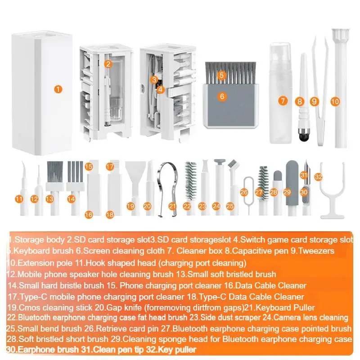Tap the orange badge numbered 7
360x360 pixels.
(x=282, y=101)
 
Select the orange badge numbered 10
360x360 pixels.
(x=334, y=102)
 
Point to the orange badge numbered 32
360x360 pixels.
(x=319, y=177)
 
